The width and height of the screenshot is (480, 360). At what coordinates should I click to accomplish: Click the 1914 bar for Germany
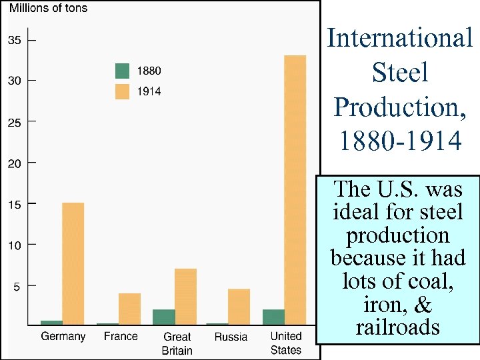point(73,263)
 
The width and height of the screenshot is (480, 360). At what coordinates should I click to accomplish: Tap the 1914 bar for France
point(129,309)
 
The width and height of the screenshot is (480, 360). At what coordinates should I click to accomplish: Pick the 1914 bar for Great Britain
point(185,297)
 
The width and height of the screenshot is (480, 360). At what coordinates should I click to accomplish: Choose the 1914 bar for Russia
point(239,307)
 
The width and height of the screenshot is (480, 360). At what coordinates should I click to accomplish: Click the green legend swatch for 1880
point(122,71)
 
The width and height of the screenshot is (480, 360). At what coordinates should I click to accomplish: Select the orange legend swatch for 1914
point(122,91)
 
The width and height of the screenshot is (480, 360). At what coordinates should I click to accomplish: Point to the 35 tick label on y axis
point(14,40)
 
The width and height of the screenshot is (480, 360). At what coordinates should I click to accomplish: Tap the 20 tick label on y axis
point(14,163)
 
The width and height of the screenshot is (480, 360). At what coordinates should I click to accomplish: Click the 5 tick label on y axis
point(17,286)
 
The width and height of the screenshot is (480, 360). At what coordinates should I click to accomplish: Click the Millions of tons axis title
point(47,9)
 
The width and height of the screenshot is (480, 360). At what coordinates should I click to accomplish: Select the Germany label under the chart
point(63,337)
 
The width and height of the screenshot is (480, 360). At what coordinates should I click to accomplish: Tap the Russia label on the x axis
point(231,337)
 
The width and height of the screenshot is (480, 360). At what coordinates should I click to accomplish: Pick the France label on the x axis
point(121,337)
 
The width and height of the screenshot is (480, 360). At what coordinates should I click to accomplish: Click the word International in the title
point(399,38)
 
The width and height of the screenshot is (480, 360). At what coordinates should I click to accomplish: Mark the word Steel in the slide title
point(399,73)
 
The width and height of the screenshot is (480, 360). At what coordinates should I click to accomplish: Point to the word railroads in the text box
point(398,327)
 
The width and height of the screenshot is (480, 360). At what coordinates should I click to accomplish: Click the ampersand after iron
point(423,305)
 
